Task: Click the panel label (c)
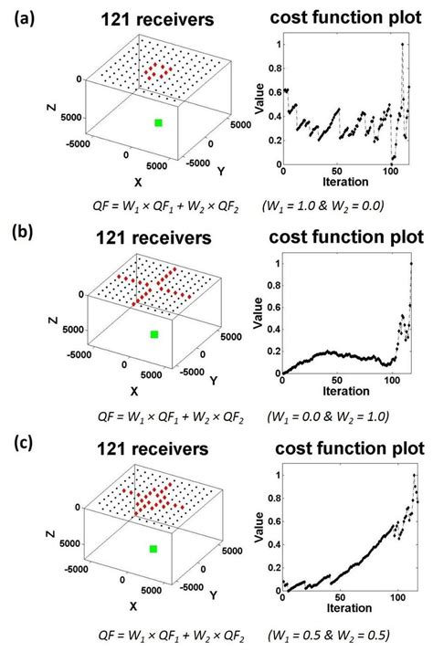coord(17,448)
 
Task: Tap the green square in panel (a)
coord(159,122)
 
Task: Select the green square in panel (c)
coord(153,548)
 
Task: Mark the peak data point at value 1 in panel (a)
coord(402,44)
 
